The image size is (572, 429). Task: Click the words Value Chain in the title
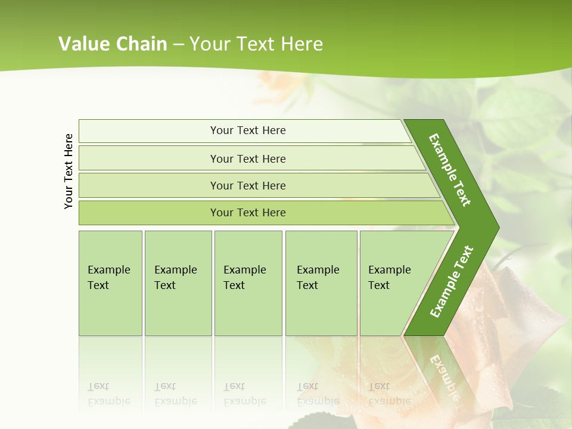(x=113, y=44)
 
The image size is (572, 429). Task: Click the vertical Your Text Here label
(x=69, y=171)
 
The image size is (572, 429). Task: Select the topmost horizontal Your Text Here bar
(x=247, y=130)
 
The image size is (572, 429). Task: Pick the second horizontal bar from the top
(x=247, y=158)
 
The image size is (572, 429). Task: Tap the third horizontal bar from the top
(x=247, y=185)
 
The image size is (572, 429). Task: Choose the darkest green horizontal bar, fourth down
(x=247, y=213)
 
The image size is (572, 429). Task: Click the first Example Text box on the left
(x=110, y=283)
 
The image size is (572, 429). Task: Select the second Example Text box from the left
(x=178, y=283)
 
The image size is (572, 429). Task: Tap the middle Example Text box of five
(x=248, y=283)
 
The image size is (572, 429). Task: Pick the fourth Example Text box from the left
(x=321, y=283)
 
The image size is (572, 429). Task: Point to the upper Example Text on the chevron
(x=450, y=170)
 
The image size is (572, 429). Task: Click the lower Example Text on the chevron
(x=451, y=282)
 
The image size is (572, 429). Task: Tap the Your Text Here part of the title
(x=256, y=44)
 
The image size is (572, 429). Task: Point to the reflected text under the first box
(x=108, y=394)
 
